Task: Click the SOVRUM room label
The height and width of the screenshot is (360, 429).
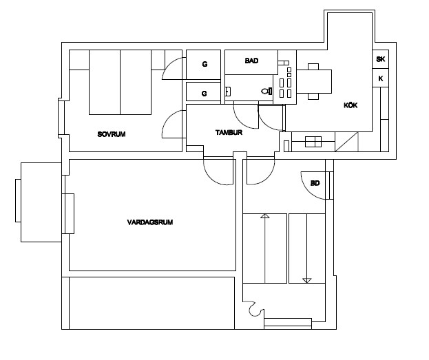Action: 112,134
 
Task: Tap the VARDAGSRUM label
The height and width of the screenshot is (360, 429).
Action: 150,222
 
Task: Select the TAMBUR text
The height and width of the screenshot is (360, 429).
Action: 229,133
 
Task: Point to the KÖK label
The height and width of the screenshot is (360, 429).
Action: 350,105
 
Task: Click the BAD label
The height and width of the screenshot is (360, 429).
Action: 251,61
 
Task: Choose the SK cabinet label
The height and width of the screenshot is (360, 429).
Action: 380,59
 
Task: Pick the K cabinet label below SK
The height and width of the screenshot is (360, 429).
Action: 380,78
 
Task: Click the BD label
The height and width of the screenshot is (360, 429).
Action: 315,183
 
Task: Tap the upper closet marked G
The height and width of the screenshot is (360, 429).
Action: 204,65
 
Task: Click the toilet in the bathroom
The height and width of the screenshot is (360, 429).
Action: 266,91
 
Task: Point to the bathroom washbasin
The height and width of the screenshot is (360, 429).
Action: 228,92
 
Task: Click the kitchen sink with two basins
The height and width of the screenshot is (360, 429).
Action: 313,142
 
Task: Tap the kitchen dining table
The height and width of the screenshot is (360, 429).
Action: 314,81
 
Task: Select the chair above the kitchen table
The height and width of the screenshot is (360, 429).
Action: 313,67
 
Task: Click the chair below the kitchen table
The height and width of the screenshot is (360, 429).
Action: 313,96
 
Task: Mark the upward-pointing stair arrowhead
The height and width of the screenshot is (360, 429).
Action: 265,216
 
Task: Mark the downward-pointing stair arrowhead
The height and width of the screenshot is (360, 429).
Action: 307,280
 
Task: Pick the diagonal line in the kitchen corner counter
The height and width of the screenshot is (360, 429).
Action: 346,142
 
